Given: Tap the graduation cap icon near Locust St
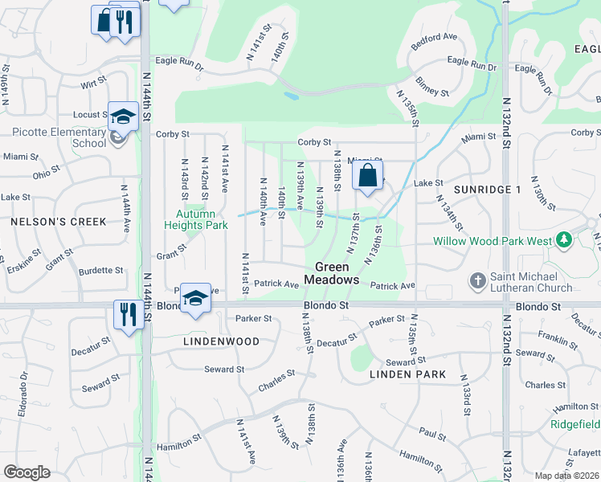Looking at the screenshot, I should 123,117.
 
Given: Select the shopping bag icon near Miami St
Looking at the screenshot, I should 367,176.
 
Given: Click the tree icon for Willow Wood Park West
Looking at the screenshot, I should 564,240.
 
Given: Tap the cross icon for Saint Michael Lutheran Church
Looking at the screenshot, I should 477,280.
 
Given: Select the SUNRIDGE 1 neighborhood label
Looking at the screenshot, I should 487,190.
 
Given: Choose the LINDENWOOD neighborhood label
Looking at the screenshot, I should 221,341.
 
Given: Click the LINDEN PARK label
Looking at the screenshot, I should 408,374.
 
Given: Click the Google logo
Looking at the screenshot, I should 27,472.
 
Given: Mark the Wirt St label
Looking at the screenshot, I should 94,84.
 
